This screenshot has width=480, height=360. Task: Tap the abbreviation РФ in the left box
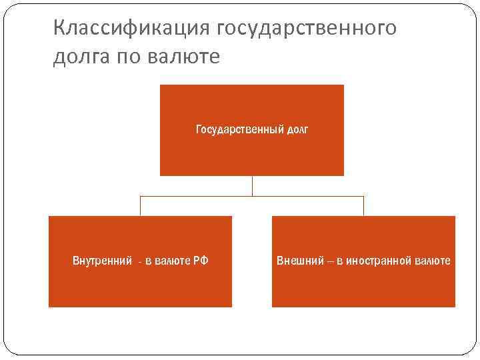tap(201, 261)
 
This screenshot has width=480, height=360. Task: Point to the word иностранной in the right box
tap(379, 261)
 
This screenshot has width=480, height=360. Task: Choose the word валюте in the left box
tap(172, 261)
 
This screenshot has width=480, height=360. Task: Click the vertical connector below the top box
tap(252, 186)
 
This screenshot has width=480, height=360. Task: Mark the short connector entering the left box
tap(140, 206)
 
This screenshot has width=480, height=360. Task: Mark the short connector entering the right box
tap(363, 206)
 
